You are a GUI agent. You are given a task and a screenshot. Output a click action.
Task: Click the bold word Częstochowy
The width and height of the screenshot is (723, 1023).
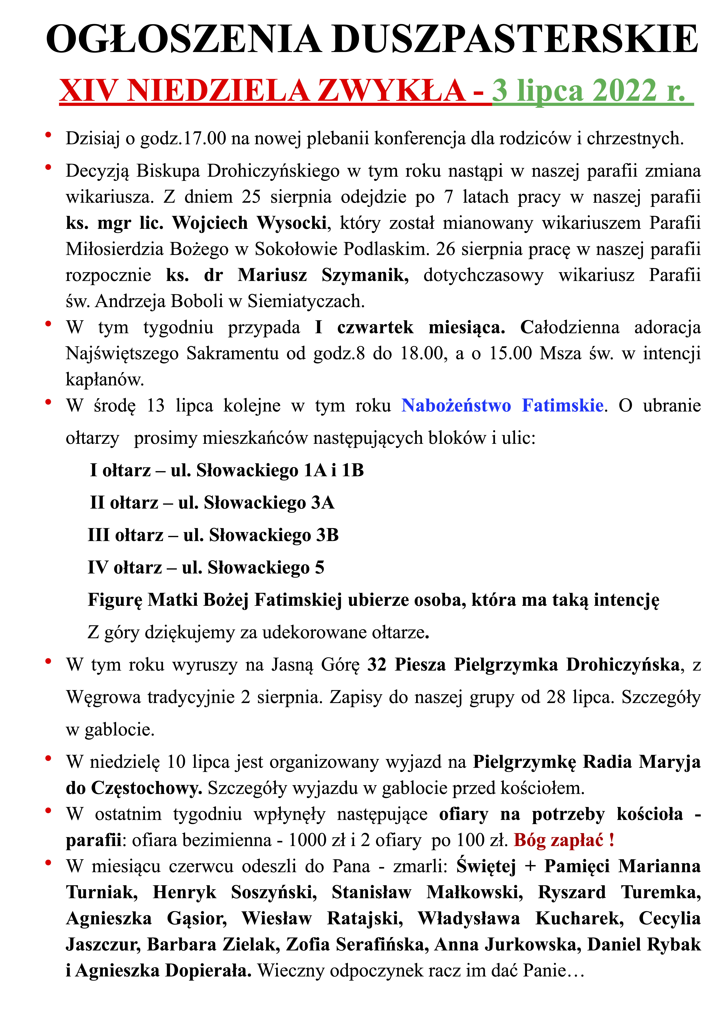pos(134,788)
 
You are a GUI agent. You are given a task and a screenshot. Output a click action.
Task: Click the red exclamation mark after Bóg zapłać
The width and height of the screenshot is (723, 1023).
pos(612,840)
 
